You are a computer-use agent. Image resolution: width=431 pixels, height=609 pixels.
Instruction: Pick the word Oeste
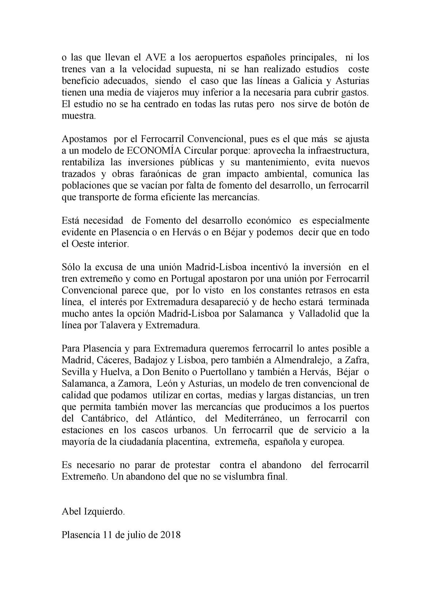(x=82, y=244)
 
